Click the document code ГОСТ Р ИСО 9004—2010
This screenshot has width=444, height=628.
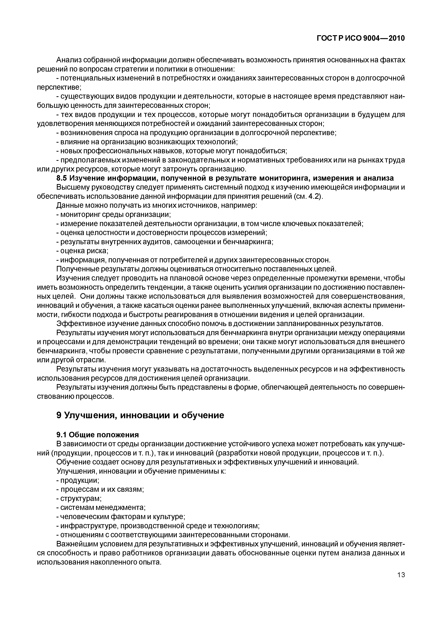[x=361, y=38]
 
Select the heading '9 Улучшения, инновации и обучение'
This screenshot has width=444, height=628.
[x=140, y=415]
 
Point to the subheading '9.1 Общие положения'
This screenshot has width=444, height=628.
[x=98, y=435]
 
